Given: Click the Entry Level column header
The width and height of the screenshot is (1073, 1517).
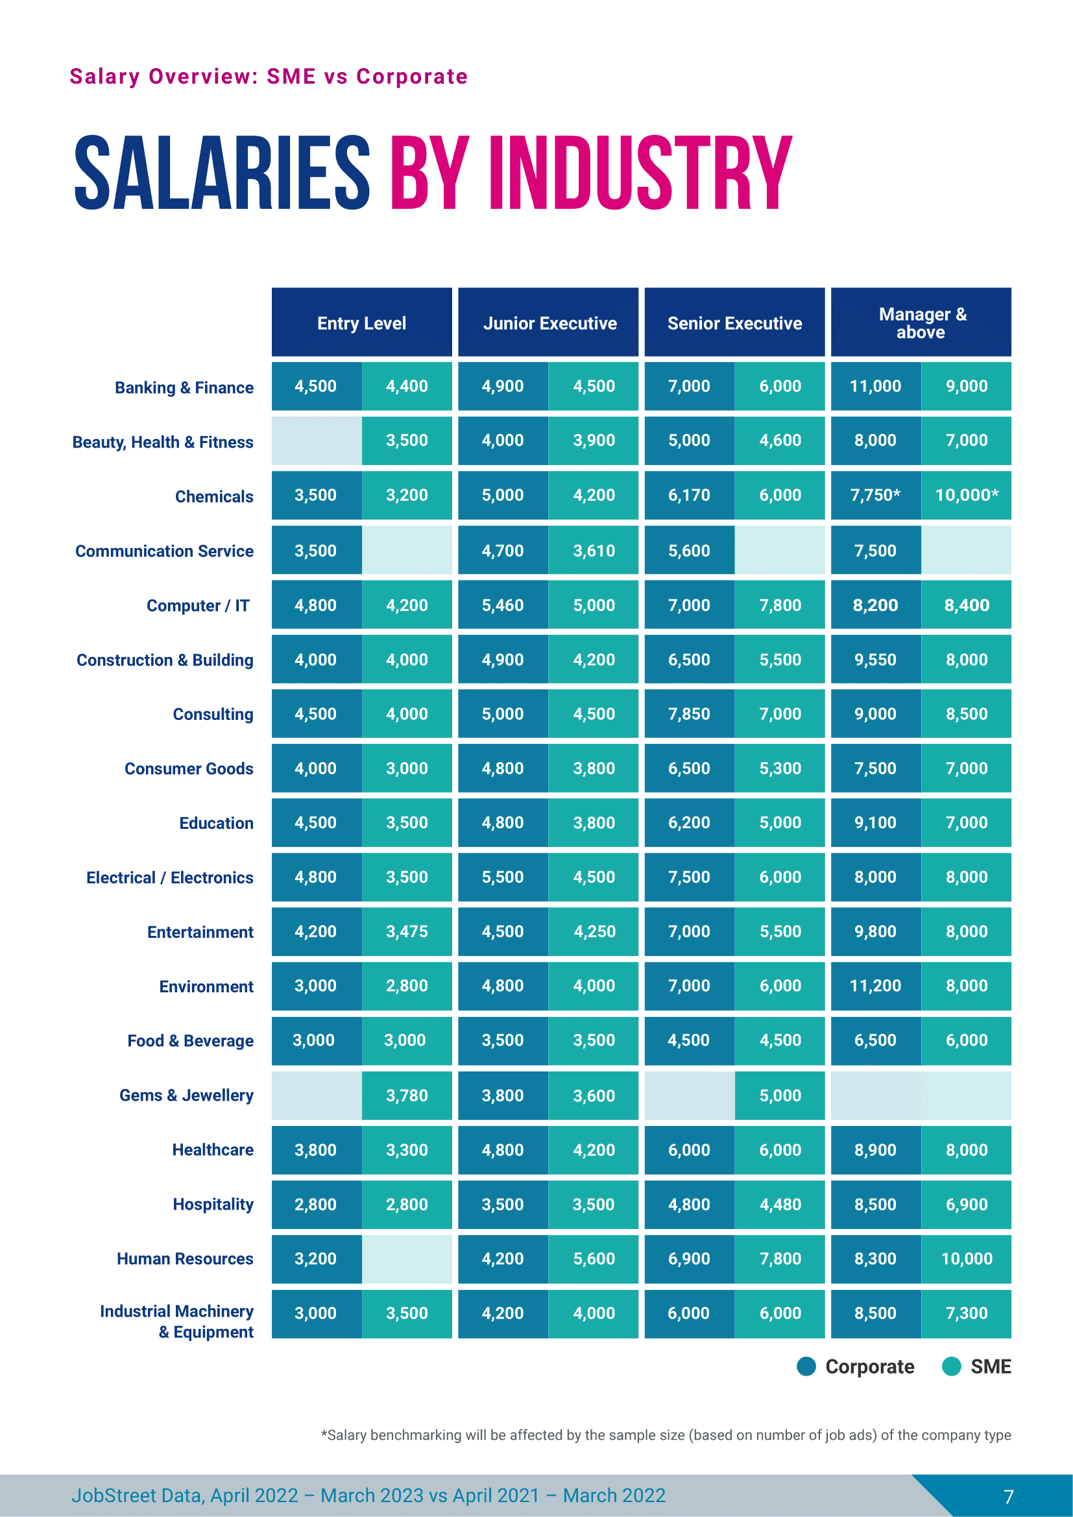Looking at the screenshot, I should [x=361, y=322].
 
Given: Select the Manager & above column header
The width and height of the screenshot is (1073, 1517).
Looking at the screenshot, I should [x=921, y=322].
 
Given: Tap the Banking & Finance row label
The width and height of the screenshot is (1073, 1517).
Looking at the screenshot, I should [x=184, y=387].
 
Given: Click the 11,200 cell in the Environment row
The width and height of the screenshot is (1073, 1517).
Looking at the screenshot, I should [x=874, y=985].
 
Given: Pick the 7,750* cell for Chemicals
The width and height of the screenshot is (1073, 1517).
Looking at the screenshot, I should [x=874, y=495].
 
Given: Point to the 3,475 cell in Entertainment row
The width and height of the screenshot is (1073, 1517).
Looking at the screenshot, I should [x=406, y=931].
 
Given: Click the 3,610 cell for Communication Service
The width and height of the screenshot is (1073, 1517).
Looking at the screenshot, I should [x=594, y=551].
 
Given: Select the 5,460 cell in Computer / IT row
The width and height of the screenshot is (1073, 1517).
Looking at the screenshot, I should [x=502, y=604].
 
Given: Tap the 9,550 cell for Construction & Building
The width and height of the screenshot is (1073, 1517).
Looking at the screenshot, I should [x=874, y=660].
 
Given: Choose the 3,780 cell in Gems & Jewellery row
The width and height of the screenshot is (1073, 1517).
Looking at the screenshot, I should [x=406, y=1095].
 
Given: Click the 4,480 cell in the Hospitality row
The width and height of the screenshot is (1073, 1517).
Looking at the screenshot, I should [x=780, y=1204].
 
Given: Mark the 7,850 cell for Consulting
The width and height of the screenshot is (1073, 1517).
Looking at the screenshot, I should [x=688, y=713].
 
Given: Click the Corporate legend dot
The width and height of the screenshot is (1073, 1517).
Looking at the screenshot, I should [x=806, y=1366].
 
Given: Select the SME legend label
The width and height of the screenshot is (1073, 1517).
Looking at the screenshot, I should [x=990, y=1366].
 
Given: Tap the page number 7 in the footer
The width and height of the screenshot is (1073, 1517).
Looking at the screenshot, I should [x=1008, y=1496].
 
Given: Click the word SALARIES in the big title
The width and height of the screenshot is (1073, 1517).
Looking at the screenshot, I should [x=222, y=173].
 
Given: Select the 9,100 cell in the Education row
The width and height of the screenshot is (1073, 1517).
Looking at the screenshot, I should [x=874, y=822].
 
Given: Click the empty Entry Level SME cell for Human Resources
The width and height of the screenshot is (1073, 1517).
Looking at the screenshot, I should [x=406, y=1258].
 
